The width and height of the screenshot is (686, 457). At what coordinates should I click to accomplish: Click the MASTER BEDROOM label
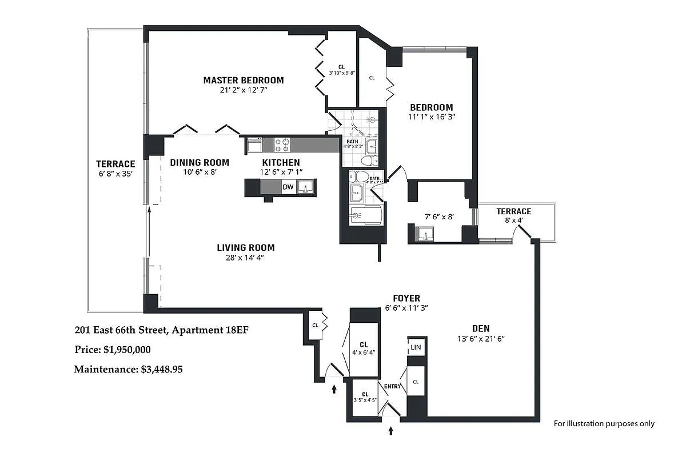(243, 80)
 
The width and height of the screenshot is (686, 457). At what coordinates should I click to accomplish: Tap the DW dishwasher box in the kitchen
(288, 187)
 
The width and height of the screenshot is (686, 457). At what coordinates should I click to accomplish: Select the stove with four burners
(282, 144)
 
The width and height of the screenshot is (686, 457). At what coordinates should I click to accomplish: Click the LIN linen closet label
(416, 347)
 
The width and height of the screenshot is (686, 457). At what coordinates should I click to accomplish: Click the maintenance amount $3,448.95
(162, 370)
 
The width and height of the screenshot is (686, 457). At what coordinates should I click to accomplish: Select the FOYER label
(406, 298)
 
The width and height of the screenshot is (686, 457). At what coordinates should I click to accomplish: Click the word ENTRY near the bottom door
(392, 387)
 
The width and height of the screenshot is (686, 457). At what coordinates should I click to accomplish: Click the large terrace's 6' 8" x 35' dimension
(115, 174)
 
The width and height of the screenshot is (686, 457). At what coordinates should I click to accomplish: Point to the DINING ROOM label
(200, 162)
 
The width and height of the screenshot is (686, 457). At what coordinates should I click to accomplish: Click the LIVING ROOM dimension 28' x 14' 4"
(245, 257)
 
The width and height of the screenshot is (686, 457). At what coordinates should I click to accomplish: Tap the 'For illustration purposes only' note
(604, 423)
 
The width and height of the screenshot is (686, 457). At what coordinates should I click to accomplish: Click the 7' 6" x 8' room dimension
(439, 217)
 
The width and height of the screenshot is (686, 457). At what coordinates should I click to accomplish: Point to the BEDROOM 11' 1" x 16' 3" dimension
(431, 117)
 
